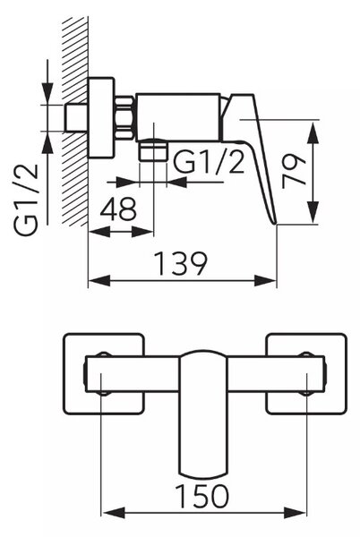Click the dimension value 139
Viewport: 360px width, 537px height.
181,263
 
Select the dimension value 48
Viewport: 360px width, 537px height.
118,209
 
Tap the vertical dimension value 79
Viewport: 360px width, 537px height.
294,172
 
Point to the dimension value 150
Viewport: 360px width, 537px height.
201,496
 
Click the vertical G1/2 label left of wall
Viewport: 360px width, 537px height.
26,200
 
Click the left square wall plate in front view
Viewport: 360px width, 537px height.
104,373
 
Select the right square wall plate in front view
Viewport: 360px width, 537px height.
306,373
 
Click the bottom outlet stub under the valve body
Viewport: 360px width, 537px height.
153,150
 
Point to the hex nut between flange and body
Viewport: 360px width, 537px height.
124,118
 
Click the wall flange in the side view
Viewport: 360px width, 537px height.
100,118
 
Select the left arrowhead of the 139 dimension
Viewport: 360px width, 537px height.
99,281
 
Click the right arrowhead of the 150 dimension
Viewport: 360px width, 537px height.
295,513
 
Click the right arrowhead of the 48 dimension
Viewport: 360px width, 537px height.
142,232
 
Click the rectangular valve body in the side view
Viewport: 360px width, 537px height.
178,117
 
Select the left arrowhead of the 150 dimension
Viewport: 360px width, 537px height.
113,513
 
